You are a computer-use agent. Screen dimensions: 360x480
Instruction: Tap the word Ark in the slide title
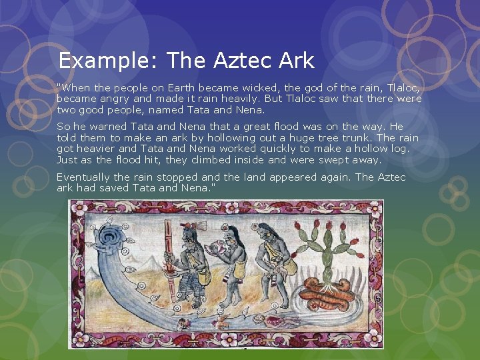297,61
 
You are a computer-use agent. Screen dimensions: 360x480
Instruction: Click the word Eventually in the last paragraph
84,177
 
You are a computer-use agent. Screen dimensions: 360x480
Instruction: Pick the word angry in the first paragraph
117,99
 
